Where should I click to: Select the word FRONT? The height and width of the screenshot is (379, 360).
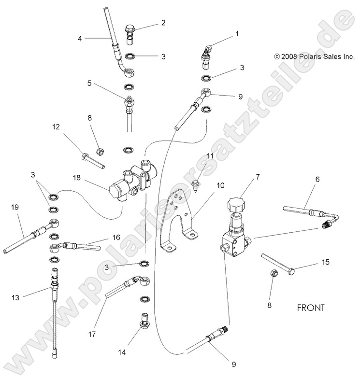pos(311,307)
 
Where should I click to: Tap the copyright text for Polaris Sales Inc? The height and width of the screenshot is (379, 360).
pos(314,56)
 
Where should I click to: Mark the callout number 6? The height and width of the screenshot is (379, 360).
pos(317,179)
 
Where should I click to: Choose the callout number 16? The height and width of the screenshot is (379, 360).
pos(115,238)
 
